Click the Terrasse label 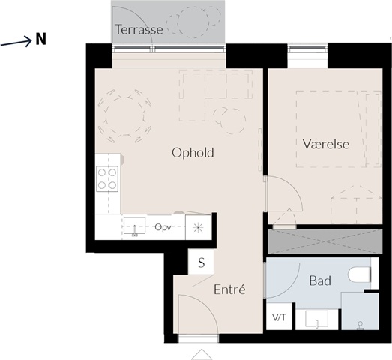tap(139, 29)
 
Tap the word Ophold tap(193, 152)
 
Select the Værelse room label tap(326, 144)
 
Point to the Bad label tap(320, 280)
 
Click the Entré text tap(229, 289)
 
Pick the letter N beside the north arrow tap(40, 39)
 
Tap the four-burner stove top tap(107, 178)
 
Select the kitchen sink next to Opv tap(134, 226)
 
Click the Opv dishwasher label tap(163, 227)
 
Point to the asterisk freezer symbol tap(199, 228)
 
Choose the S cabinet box tap(201, 262)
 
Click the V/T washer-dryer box tap(280, 316)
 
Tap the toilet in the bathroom tap(359, 274)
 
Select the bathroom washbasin tap(316, 319)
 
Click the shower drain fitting tap(361, 324)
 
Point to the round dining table tap(125, 116)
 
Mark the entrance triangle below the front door tap(202, 355)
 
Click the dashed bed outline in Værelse tap(339, 129)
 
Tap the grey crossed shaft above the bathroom tap(325, 241)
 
